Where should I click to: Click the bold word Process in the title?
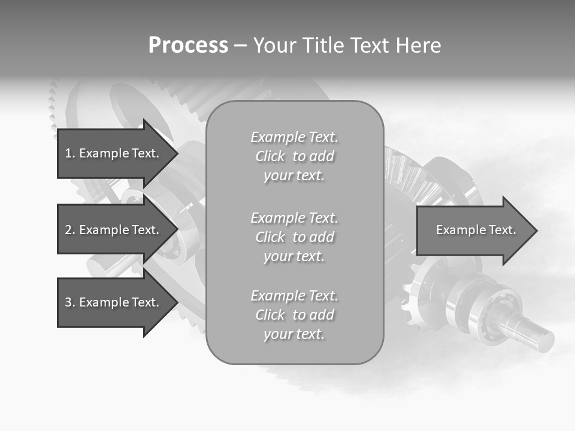click(188, 45)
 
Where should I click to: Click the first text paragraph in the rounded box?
click(294, 156)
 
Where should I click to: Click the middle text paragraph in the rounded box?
click(294, 237)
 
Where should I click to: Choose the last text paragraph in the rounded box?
click(294, 315)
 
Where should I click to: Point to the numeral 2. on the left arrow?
click(70, 230)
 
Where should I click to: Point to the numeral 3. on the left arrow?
click(70, 302)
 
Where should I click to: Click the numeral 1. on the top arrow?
click(70, 153)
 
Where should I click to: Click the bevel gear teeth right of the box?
click(413, 177)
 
